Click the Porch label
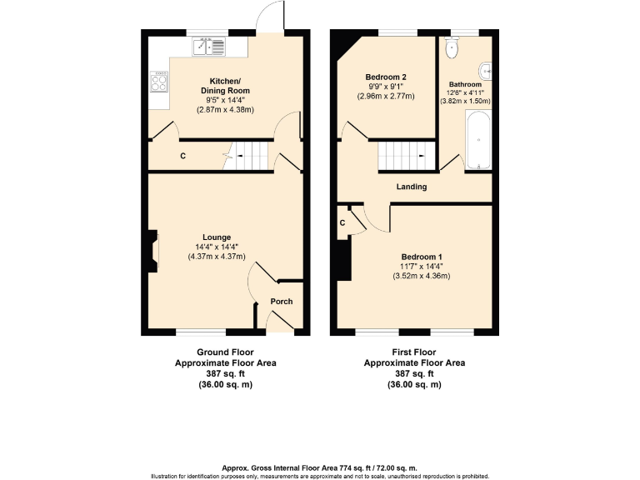point(282,302)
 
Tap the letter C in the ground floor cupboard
point(182,156)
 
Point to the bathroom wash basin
point(486,71)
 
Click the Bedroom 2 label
point(385,77)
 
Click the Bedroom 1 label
point(421,257)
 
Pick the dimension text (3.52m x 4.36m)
point(421,277)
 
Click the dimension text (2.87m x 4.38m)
point(224,109)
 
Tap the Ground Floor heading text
point(224,352)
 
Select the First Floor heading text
point(414,352)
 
